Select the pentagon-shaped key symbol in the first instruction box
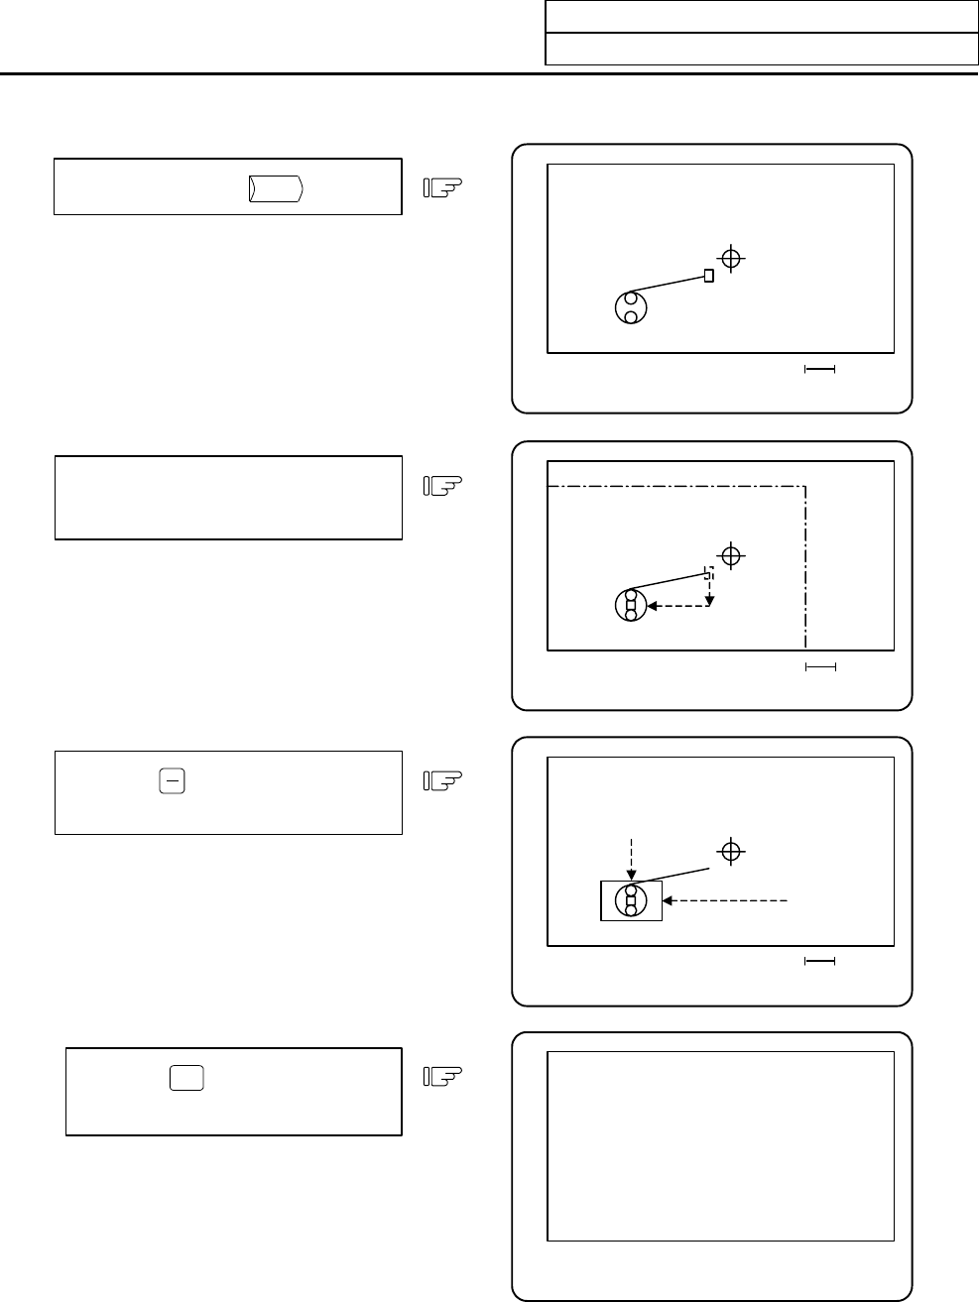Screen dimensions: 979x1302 pyautogui.click(x=276, y=187)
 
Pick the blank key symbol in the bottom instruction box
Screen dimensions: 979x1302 pyautogui.click(x=185, y=1078)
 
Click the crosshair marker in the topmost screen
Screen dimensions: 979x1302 pyautogui.click(x=731, y=259)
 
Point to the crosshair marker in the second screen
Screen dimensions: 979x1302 pyautogui.click(x=731, y=556)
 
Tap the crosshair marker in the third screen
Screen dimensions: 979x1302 pyautogui.click(x=731, y=852)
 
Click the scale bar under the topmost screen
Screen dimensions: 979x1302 pyautogui.click(x=819, y=370)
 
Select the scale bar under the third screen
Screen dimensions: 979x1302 pyautogui.click(x=819, y=961)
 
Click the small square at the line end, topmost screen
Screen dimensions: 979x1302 pyautogui.click(x=708, y=276)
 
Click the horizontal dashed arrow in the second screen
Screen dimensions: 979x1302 pyautogui.click(x=678, y=605)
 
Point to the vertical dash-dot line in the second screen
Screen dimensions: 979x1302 pyautogui.click(x=806, y=565)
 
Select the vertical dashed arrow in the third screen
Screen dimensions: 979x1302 pyautogui.click(x=631, y=859)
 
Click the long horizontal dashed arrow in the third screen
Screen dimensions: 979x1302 pyautogui.click(x=726, y=900)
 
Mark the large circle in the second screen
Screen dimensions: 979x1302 pyautogui.click(x=631, y=604)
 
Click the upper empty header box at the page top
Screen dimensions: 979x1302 pyautogui.click(x=762, y=17)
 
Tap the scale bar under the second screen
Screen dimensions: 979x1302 pyautogui.click(x=819, y=667)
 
